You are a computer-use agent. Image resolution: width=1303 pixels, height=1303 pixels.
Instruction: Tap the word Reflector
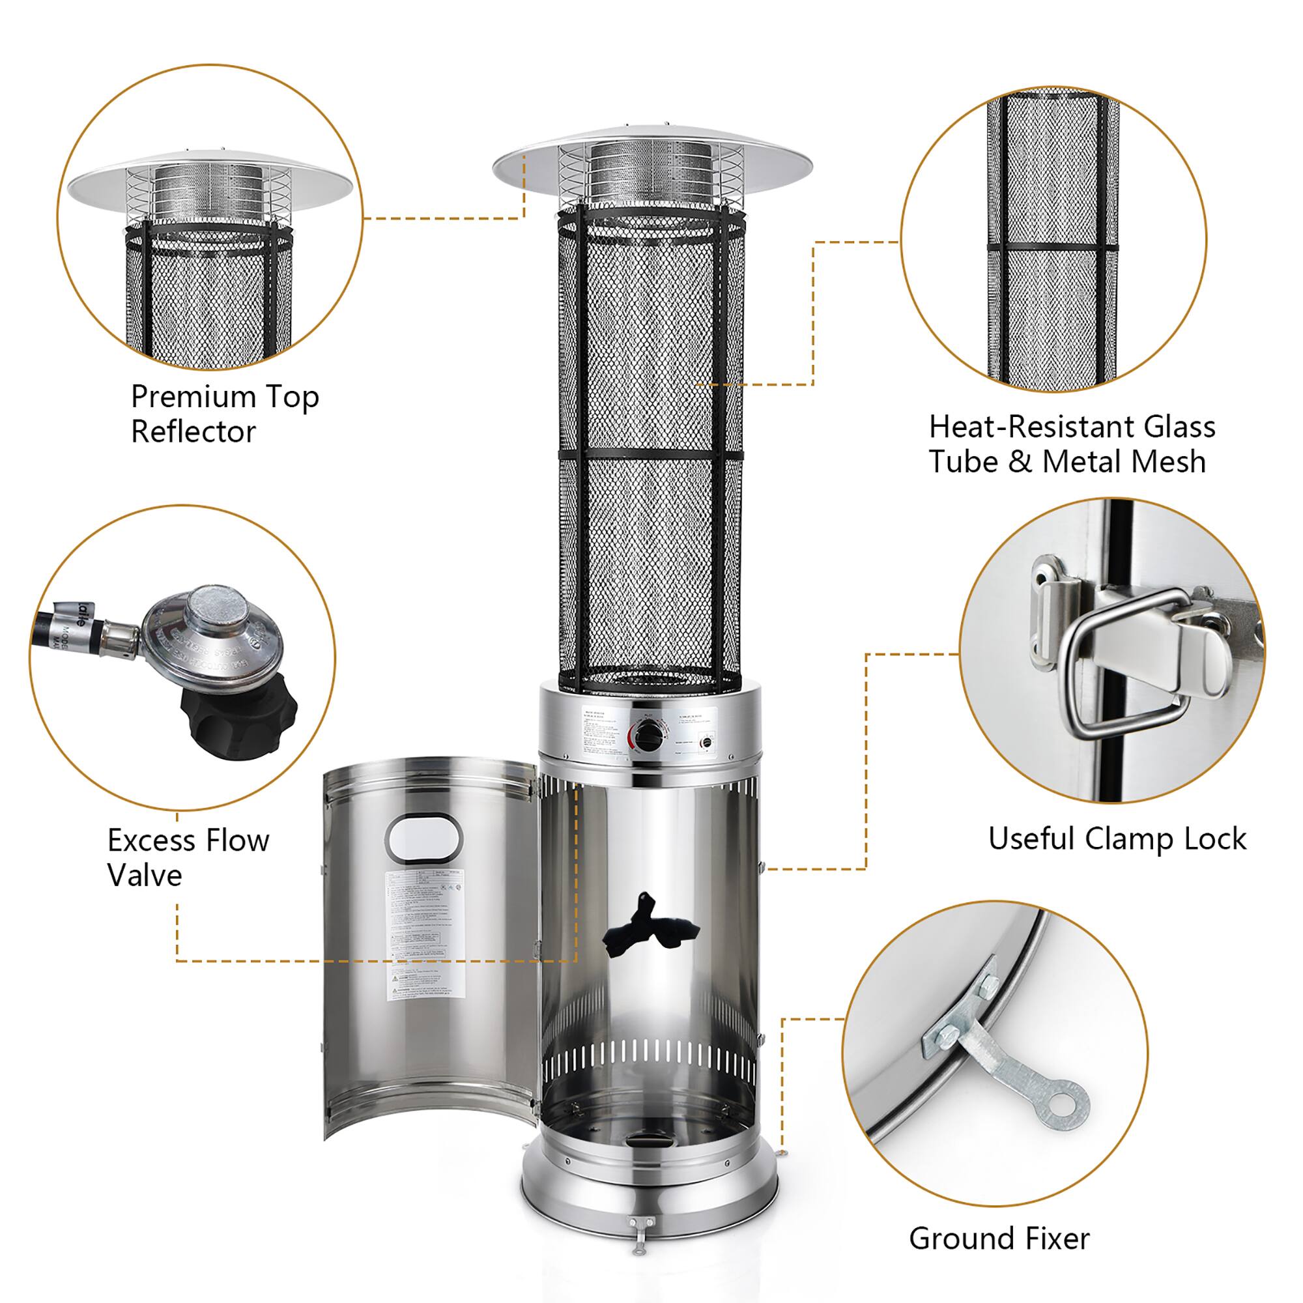click(193, 433)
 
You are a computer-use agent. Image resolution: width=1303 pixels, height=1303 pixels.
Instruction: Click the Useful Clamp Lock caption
click(1117, 839)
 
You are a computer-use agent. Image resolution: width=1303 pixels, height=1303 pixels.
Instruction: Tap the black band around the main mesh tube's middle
click(651, 457)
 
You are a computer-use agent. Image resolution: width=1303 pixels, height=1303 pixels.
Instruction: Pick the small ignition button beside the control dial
click(706, 744)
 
